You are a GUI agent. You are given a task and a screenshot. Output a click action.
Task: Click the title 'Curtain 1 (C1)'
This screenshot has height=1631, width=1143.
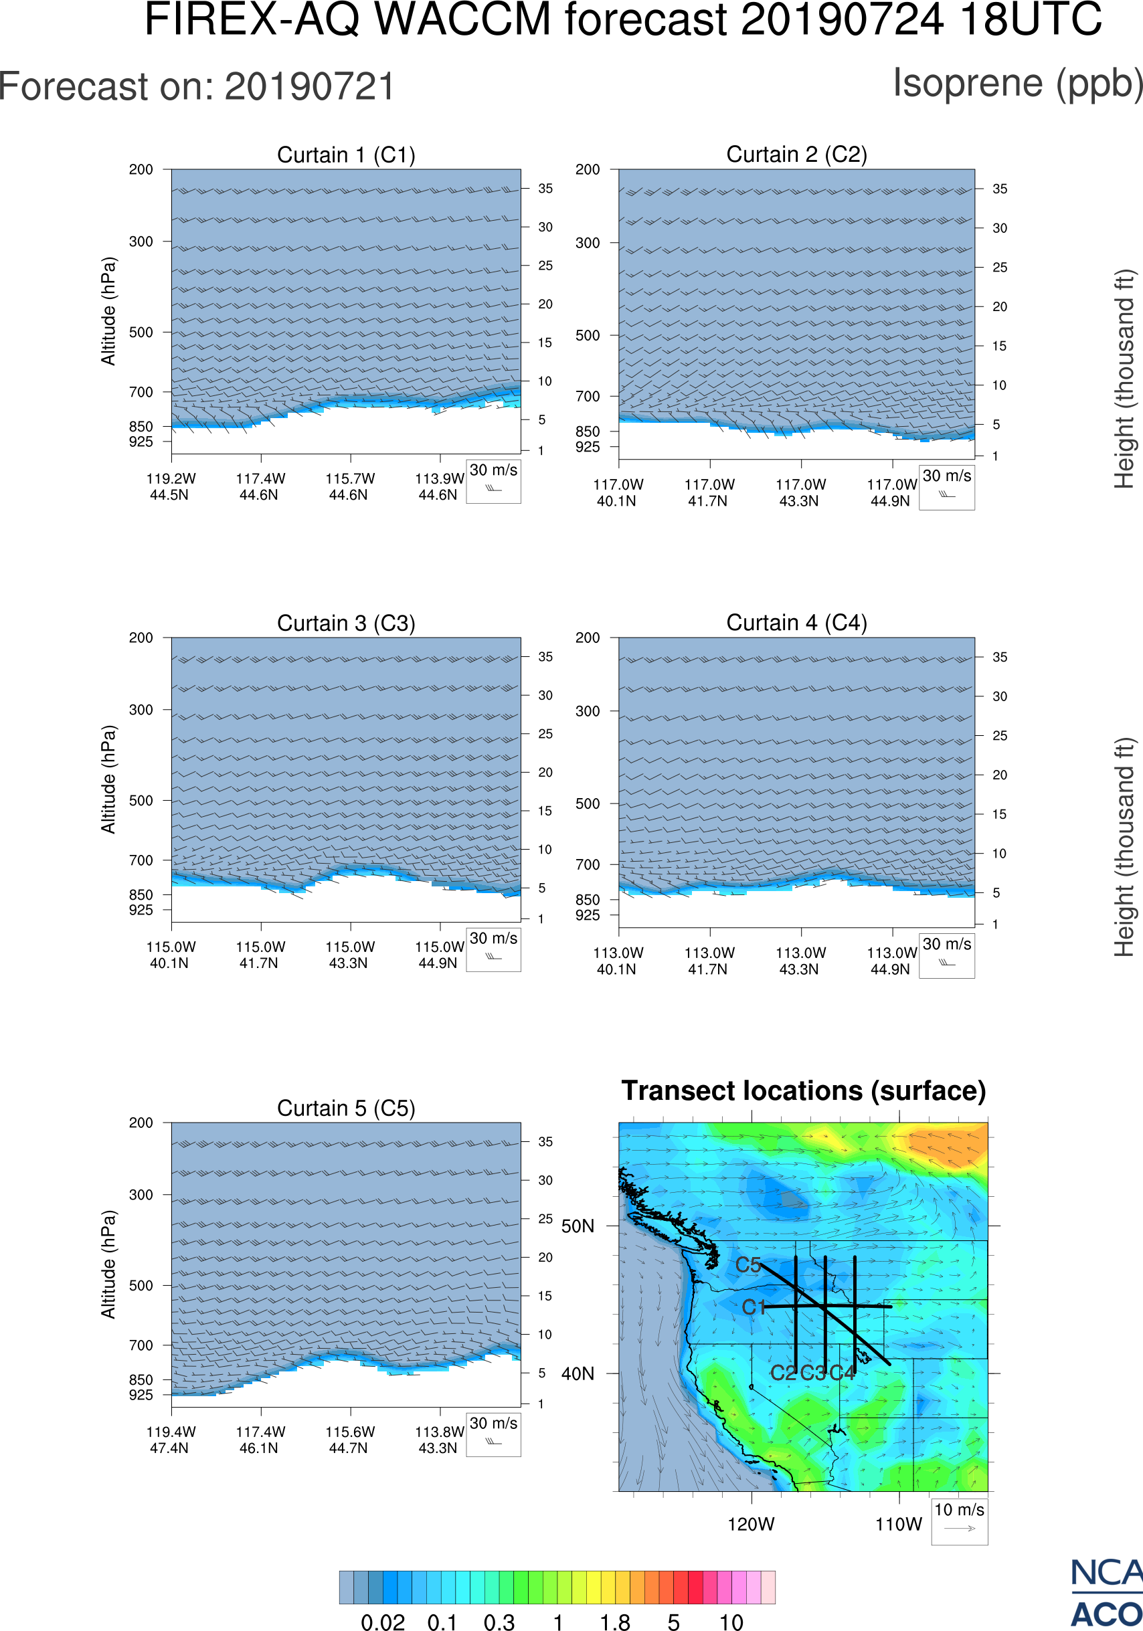pyautogui.click(x=346, y=155)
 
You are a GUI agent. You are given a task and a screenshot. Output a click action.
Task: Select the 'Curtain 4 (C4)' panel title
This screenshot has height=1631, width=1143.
pyautogui.click(x=796, y=623)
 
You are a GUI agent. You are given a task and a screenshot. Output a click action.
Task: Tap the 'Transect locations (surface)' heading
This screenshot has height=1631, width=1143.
pyautogui.click(x=804, y=1090)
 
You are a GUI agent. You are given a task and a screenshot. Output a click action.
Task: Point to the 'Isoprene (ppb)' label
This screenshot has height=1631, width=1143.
pyautogui.click(x=1017, y=83)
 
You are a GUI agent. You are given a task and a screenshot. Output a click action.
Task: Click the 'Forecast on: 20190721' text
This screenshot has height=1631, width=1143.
pyautogui.click(x=197, y=87)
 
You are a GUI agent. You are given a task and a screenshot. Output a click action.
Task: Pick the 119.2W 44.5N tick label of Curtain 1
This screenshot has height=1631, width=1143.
pyautogui.click(x=171, y=486)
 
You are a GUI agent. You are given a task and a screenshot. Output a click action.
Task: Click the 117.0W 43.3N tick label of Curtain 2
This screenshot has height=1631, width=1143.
pyautogui.click(x=800, y=492)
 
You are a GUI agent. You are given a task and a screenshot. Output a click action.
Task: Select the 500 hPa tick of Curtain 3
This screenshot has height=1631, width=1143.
pyautogui.click(x=141, y=801)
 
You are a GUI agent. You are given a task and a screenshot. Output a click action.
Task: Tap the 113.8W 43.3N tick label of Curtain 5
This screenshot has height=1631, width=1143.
pyautogui.click(x=439, y=1440)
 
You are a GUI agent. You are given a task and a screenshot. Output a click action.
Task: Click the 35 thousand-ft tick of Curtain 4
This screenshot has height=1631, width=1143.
pyautogui.click(x=1000, y=657)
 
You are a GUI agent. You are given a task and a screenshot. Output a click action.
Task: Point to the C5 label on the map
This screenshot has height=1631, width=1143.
pyautogui.click(x=748, y=1265)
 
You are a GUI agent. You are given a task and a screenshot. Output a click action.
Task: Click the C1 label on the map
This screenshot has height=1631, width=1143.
pyautogui.click(x=754, y=1307)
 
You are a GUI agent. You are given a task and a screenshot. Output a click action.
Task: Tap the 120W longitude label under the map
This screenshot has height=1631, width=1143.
pyautogui.click(x=751, y=1525)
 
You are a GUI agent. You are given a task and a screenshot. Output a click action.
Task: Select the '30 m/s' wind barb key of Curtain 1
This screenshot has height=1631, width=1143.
pyautogui.click(x=493, y=480)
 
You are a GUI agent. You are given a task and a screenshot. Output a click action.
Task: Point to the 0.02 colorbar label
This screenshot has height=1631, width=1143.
pyautogui.click(x=383, y=1621)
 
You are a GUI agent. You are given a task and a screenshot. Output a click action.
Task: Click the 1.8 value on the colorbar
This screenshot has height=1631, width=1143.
pyautogui.click(x=614, y=1621)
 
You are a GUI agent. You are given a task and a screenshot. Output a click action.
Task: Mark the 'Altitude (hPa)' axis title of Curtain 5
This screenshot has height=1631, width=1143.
pyautogui.click(x=108, y=1264)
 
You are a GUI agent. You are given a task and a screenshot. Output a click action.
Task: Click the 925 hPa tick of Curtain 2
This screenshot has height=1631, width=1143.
pyautogui.click(x=588, y=447)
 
